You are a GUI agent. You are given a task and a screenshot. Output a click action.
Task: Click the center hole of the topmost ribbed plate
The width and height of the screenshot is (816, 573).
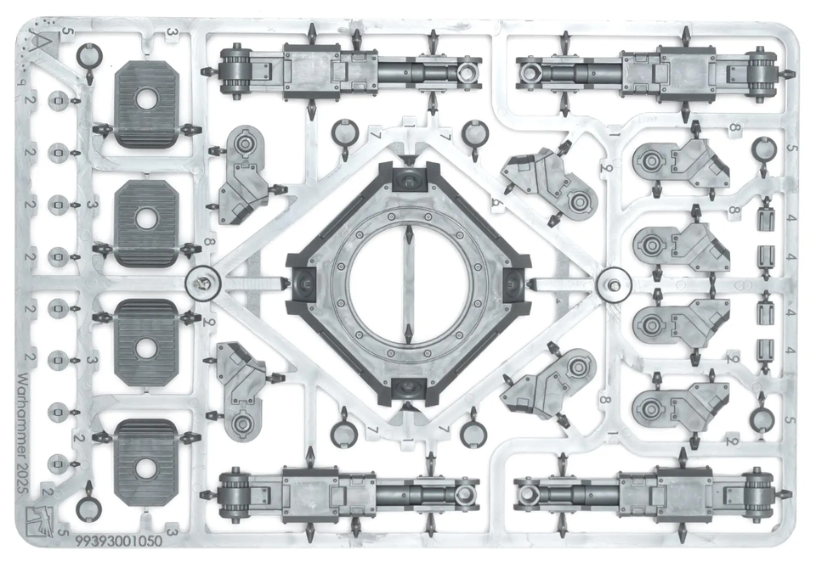[145, 99]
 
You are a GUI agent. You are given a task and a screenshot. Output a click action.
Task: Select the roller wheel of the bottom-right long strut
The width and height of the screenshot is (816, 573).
[759, 493]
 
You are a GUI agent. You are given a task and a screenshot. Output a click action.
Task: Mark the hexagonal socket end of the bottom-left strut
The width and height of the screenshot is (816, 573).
[463, 492]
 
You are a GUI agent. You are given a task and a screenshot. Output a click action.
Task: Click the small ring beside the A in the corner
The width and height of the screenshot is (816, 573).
[87, 56]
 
